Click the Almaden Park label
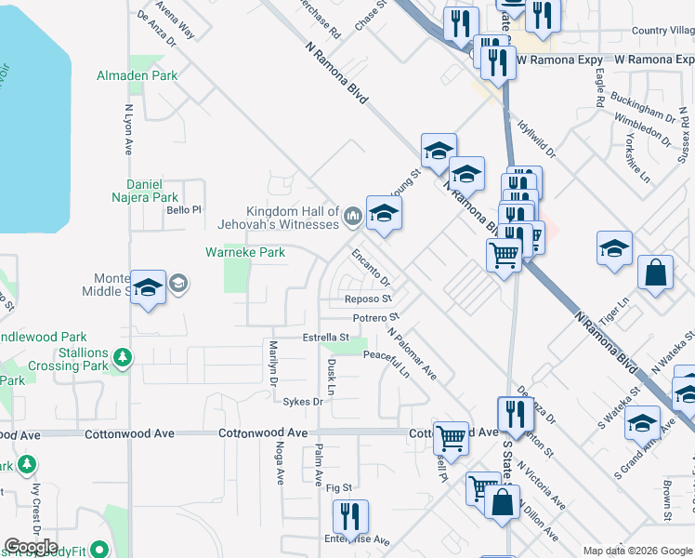(x=138, y=74)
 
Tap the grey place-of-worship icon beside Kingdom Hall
(x=352, y=218)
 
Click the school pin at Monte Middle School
(x=148, y=287)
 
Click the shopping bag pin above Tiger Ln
(x=656, y=273)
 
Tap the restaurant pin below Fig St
(x=350, y=516)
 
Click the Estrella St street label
(x=325, y=338)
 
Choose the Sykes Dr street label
(x=304, y=403)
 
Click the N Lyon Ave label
(x=128, y=128)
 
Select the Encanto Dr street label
(x=370, y=265)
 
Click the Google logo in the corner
(x=31, y=547)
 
